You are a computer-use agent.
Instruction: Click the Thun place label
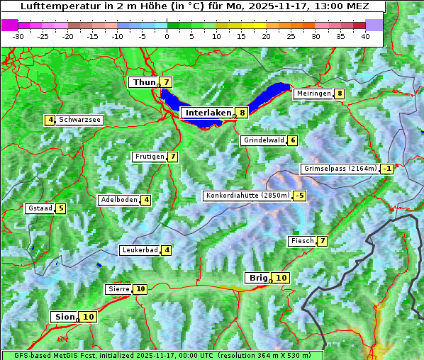(144, 83)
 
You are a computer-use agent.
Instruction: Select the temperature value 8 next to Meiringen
(340, 94)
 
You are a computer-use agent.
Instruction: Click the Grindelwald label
(264, 140)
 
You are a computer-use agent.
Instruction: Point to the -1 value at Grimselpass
(386, 169)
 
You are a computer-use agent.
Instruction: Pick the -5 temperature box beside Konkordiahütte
(300, 196)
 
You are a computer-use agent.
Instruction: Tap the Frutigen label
(149, 157)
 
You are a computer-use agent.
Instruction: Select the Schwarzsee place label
(79, 120)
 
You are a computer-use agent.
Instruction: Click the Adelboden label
(118, 200)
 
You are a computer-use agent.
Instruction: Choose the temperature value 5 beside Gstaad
(61, 208)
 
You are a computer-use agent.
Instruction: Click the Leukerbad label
(139, 250)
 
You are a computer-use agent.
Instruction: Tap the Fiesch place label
(302, 242)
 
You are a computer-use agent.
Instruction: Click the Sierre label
(118, 289)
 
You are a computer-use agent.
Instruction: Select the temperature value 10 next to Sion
(88, 317)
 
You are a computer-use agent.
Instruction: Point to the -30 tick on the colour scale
(18, 36)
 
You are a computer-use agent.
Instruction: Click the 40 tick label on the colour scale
(365, 36)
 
